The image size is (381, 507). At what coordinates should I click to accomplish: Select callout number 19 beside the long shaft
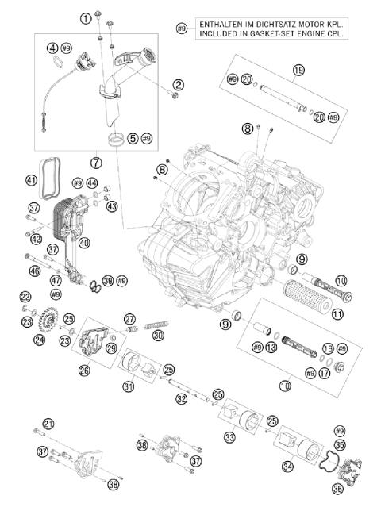tap(298, 71)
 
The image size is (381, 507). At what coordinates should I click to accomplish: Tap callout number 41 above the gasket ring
tap(32, 180)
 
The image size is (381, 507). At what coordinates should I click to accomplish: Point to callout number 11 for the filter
tap(338, 314)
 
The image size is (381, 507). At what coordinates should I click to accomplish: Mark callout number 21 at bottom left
tap(49, 424)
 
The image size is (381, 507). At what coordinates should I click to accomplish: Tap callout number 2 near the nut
tap(179, 85)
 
